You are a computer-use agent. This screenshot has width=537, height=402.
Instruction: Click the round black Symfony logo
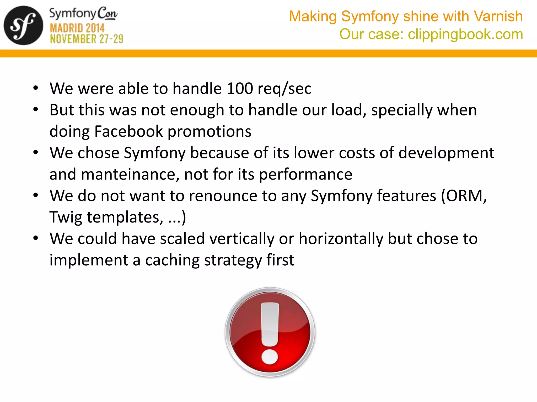[x=23, y=25]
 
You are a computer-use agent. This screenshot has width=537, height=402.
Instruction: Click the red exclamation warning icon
[x=270, y=332]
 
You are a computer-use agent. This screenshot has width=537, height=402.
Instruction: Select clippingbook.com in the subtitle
[x=465, y=34]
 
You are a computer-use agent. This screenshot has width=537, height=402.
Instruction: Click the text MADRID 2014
[x=77, y=28]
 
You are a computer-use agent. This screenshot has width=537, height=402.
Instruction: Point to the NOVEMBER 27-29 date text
[x=87, y=39]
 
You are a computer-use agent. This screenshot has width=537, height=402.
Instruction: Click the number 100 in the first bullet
[x=240, y=88]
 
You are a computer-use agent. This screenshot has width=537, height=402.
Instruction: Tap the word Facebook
[x=128, y=131]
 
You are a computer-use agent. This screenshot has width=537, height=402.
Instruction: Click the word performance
[x=305, y=174]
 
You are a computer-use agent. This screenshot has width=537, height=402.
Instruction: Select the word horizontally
[x=341, y=239]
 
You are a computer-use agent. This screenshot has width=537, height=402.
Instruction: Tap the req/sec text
[x=284, y=88]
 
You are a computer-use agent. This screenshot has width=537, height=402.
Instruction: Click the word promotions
[x=209, y=131]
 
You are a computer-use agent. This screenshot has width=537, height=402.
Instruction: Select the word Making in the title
[x=313, y=16]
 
